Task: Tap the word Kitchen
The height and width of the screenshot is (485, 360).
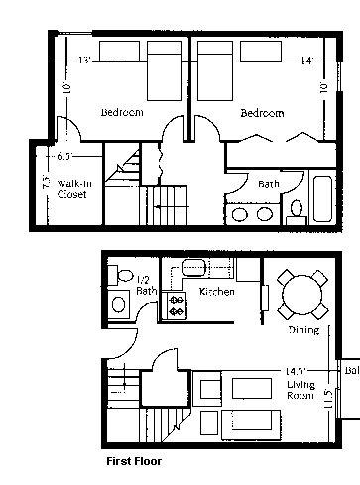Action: [216, 292]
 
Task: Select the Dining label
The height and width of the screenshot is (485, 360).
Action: [302, 329]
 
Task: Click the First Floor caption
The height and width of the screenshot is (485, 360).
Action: [133, 461]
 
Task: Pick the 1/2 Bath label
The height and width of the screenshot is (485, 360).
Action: [146, 286]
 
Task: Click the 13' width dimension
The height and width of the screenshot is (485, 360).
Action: [85, 61]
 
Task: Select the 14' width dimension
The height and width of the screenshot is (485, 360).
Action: [307, 61]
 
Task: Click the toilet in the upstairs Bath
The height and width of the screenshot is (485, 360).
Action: [296, 209]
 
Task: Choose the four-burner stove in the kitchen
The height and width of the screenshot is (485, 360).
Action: [177, 305]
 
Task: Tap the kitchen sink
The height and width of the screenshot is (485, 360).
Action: [193, 267]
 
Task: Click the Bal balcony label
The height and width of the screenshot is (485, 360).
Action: [351, 372]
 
